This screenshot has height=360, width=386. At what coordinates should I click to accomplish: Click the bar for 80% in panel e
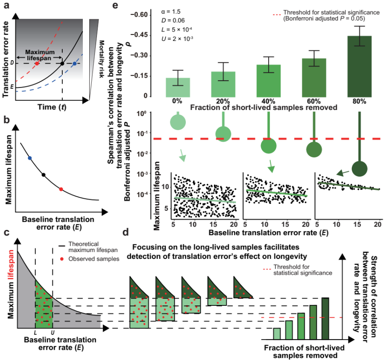point(360,66)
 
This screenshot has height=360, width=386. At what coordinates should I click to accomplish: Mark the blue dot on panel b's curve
point(30,158)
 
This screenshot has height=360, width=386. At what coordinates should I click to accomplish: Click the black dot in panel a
point(62,64)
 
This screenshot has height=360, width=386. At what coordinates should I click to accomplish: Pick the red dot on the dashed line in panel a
point(37,64)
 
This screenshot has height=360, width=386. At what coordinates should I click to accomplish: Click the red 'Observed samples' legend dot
point(63,258)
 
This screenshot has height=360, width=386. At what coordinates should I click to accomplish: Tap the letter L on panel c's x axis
point(35,331)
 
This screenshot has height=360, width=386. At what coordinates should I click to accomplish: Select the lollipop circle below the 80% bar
point(360,167)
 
